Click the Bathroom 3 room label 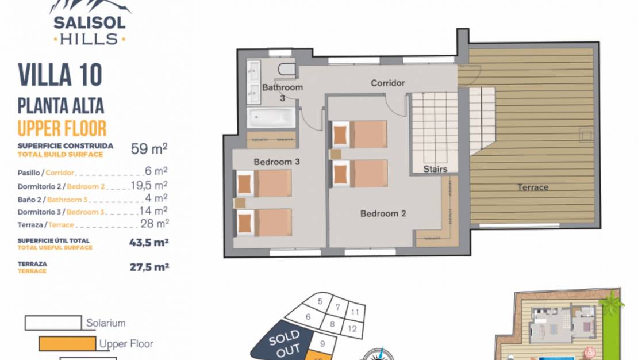282,92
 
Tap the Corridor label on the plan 388,83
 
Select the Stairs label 435,168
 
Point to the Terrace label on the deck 533,187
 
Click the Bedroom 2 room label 383,213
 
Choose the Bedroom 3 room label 276,162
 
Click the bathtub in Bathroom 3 271,118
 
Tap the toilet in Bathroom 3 287,69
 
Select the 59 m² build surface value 149,148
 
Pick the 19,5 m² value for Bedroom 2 149,185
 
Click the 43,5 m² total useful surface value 149,242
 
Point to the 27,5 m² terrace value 149,267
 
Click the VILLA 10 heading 60,75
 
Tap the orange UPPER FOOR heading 62,128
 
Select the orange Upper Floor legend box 68,344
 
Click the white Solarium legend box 53,323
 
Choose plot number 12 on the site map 352,328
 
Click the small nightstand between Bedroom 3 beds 240,203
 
